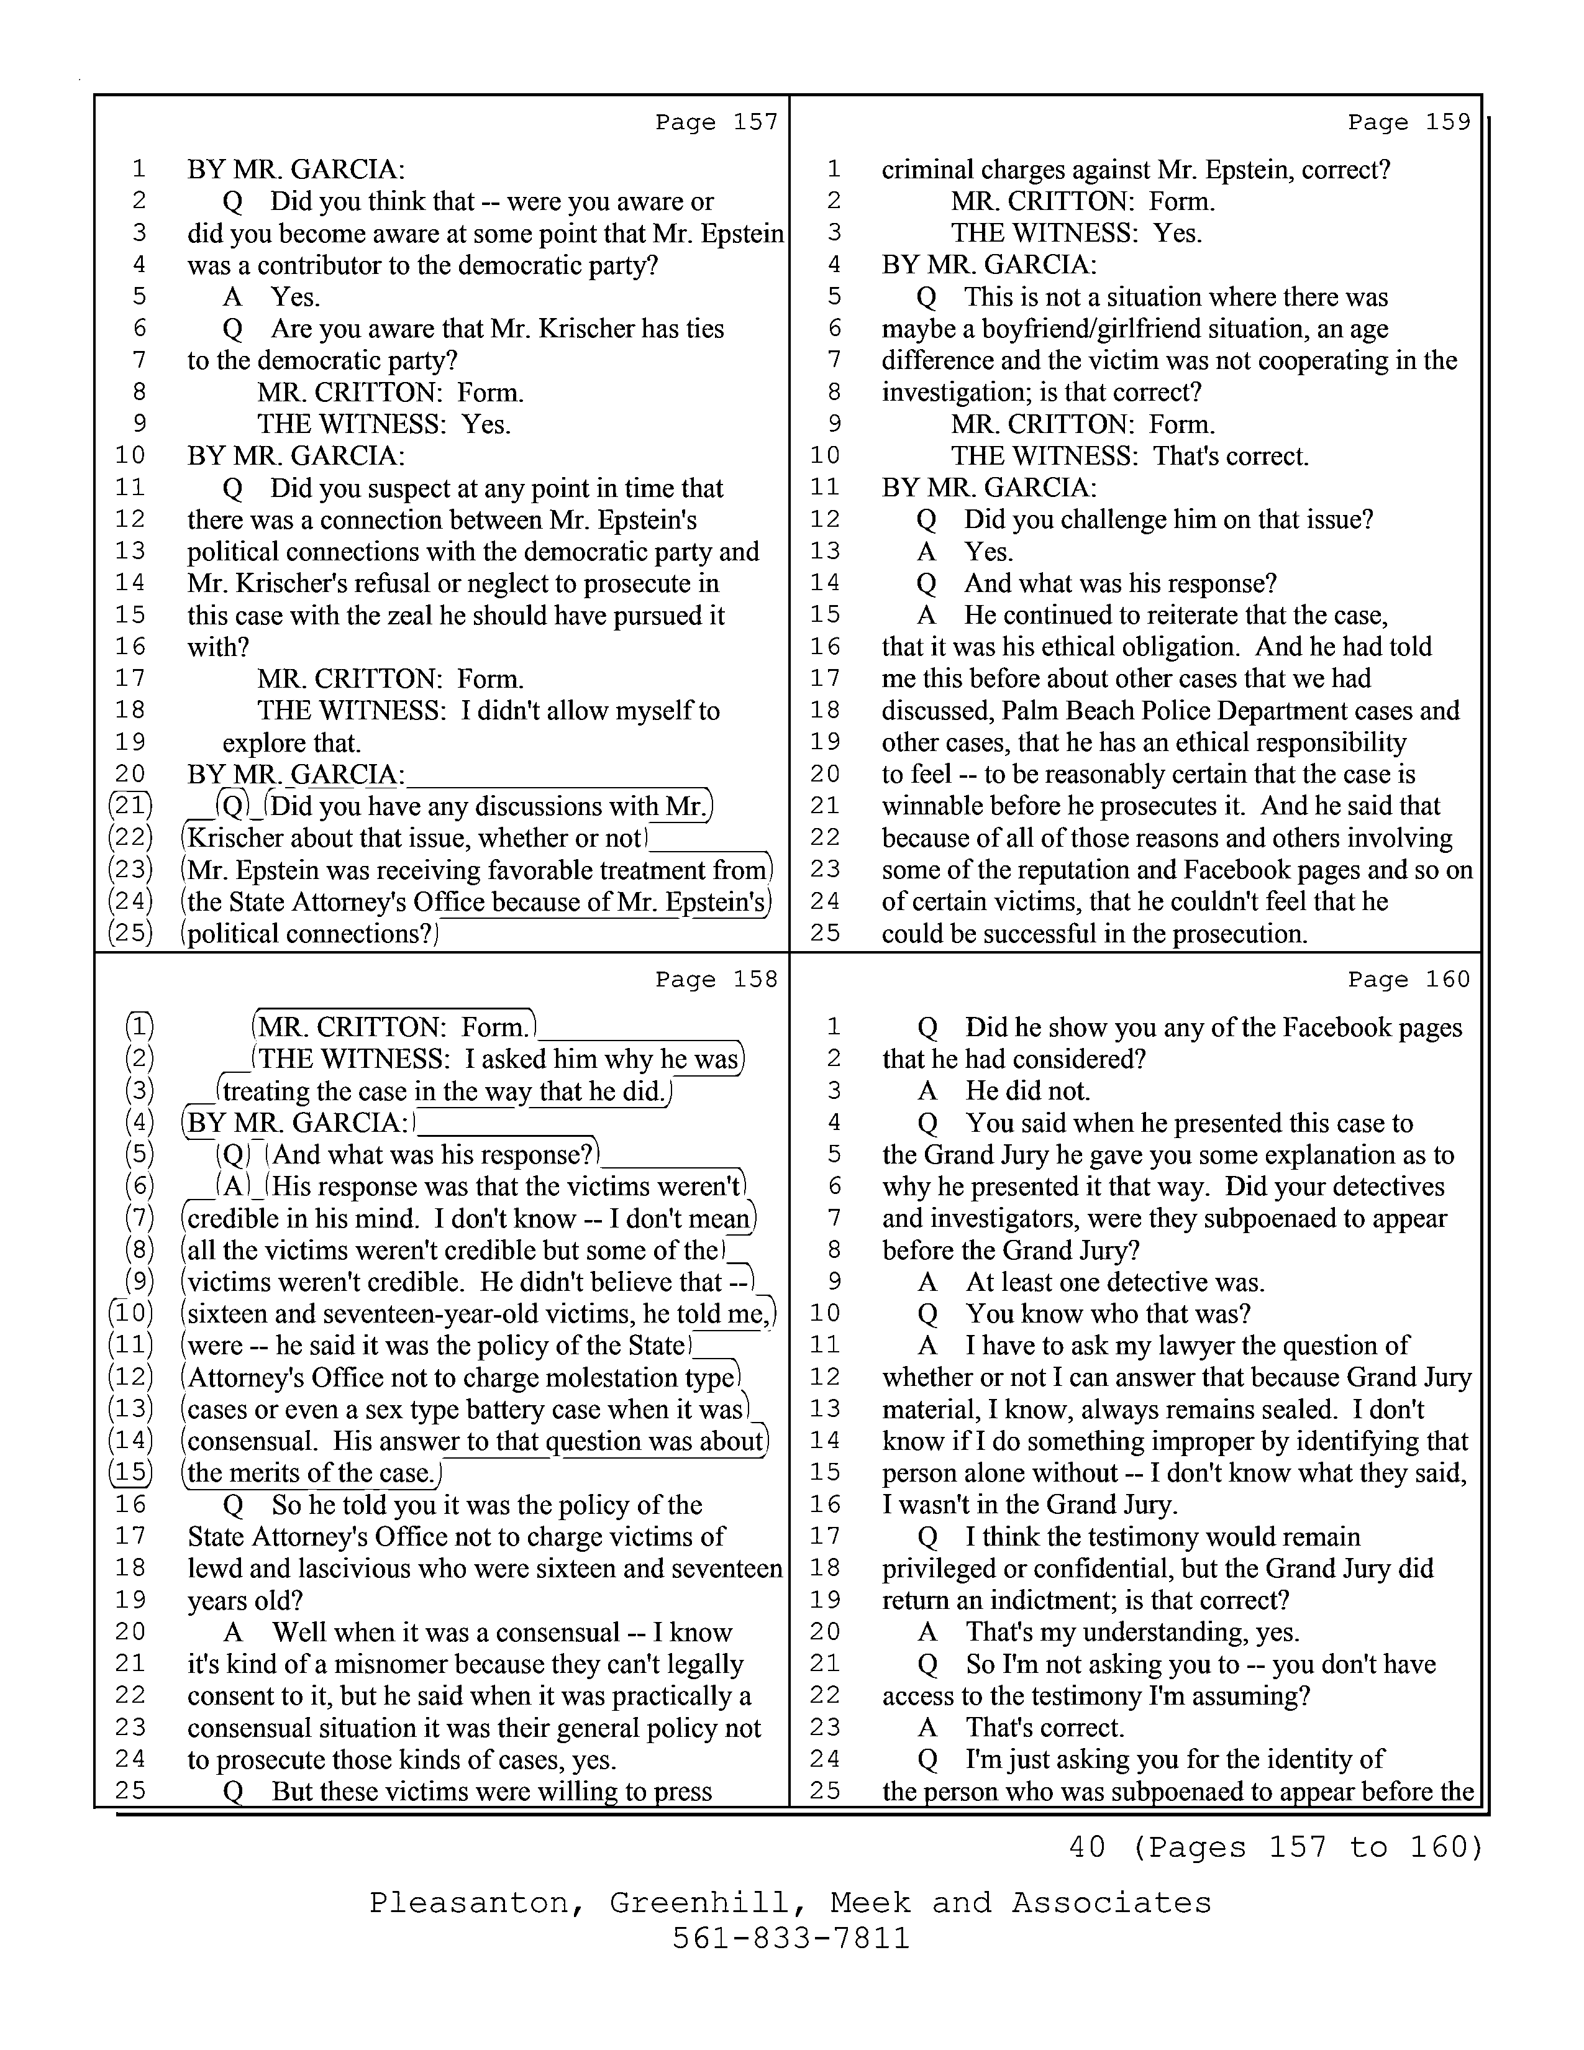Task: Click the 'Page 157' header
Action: tap(716, 122)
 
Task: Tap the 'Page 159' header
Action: tap(1409, 122)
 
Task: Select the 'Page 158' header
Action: tap(716, 980)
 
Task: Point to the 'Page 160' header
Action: tap(1409, 980)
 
